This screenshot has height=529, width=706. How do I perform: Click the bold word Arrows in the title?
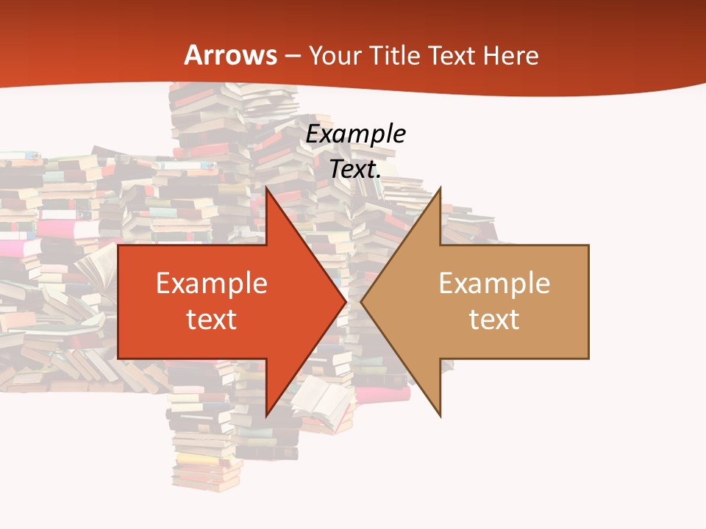click(231, 55)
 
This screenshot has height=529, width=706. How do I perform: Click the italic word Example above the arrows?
click(356, 134)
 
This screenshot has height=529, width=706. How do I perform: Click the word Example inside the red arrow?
click(212, 284)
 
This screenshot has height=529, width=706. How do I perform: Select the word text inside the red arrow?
click(212, 320)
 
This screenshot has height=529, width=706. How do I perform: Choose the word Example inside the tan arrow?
click(494, 284)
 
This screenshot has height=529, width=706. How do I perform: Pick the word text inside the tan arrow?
click(494, 320)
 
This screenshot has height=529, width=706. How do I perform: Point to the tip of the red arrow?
click(346, 301)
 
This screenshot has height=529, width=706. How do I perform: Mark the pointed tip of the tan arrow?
click(360, 301)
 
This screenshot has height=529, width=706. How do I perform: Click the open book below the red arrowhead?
click(321, 400)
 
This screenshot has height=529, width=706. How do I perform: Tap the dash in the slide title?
click(292, 55)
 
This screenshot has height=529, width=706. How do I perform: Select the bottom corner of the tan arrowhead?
click(441, 417)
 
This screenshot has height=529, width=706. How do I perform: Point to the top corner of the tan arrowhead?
click(441, 187)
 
